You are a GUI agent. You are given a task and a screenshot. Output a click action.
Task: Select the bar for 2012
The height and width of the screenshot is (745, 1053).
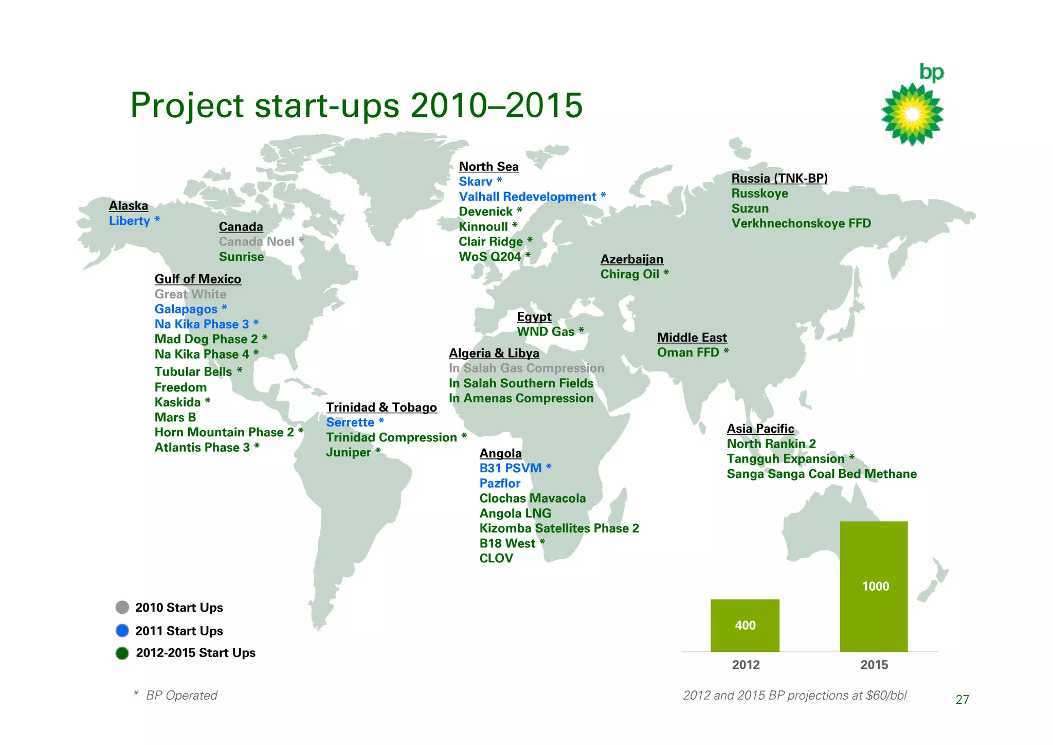[745, 625]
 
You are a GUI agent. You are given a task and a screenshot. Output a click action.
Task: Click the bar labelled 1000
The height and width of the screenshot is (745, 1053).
[874, 586]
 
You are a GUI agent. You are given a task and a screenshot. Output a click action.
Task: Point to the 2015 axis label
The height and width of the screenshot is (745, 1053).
[874, 665]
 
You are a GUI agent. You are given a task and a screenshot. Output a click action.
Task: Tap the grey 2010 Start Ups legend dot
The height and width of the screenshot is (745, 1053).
[122, 607]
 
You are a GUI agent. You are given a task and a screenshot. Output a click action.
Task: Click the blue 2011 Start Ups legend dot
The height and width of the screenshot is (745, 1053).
[122, 630]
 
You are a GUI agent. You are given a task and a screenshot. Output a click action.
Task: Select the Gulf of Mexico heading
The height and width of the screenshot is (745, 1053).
[197, 279]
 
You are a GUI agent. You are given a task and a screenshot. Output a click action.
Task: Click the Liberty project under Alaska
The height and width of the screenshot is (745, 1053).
[130, 221]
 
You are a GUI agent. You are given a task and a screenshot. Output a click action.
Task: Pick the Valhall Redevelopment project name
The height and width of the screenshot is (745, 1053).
[528, 197]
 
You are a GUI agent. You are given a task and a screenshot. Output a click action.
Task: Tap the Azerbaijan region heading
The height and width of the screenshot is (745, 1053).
[632, 259]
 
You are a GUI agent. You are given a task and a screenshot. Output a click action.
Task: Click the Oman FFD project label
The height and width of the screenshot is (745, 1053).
[688, 352]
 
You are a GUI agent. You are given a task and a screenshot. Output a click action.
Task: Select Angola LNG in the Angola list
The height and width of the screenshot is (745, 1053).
[515, 513]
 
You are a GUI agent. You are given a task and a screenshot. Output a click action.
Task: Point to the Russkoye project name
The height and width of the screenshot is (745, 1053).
[759, 193]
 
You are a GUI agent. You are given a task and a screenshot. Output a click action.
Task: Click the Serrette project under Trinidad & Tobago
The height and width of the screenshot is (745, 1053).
[350, 422]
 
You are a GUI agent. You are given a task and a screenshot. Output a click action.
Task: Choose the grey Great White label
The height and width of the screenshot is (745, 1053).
[190, 294]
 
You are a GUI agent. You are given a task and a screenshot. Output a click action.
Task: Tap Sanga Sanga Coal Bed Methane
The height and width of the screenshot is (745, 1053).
[822, 474]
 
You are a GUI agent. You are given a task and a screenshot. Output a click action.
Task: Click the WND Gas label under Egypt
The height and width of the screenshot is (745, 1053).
[546, 332]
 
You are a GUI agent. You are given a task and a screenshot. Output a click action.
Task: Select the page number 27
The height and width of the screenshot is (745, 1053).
[962, 700]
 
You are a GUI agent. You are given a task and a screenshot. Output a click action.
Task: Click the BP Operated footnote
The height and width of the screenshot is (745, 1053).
[181, 696]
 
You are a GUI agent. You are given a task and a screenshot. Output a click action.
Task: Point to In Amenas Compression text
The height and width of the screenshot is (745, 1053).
[521, 398]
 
